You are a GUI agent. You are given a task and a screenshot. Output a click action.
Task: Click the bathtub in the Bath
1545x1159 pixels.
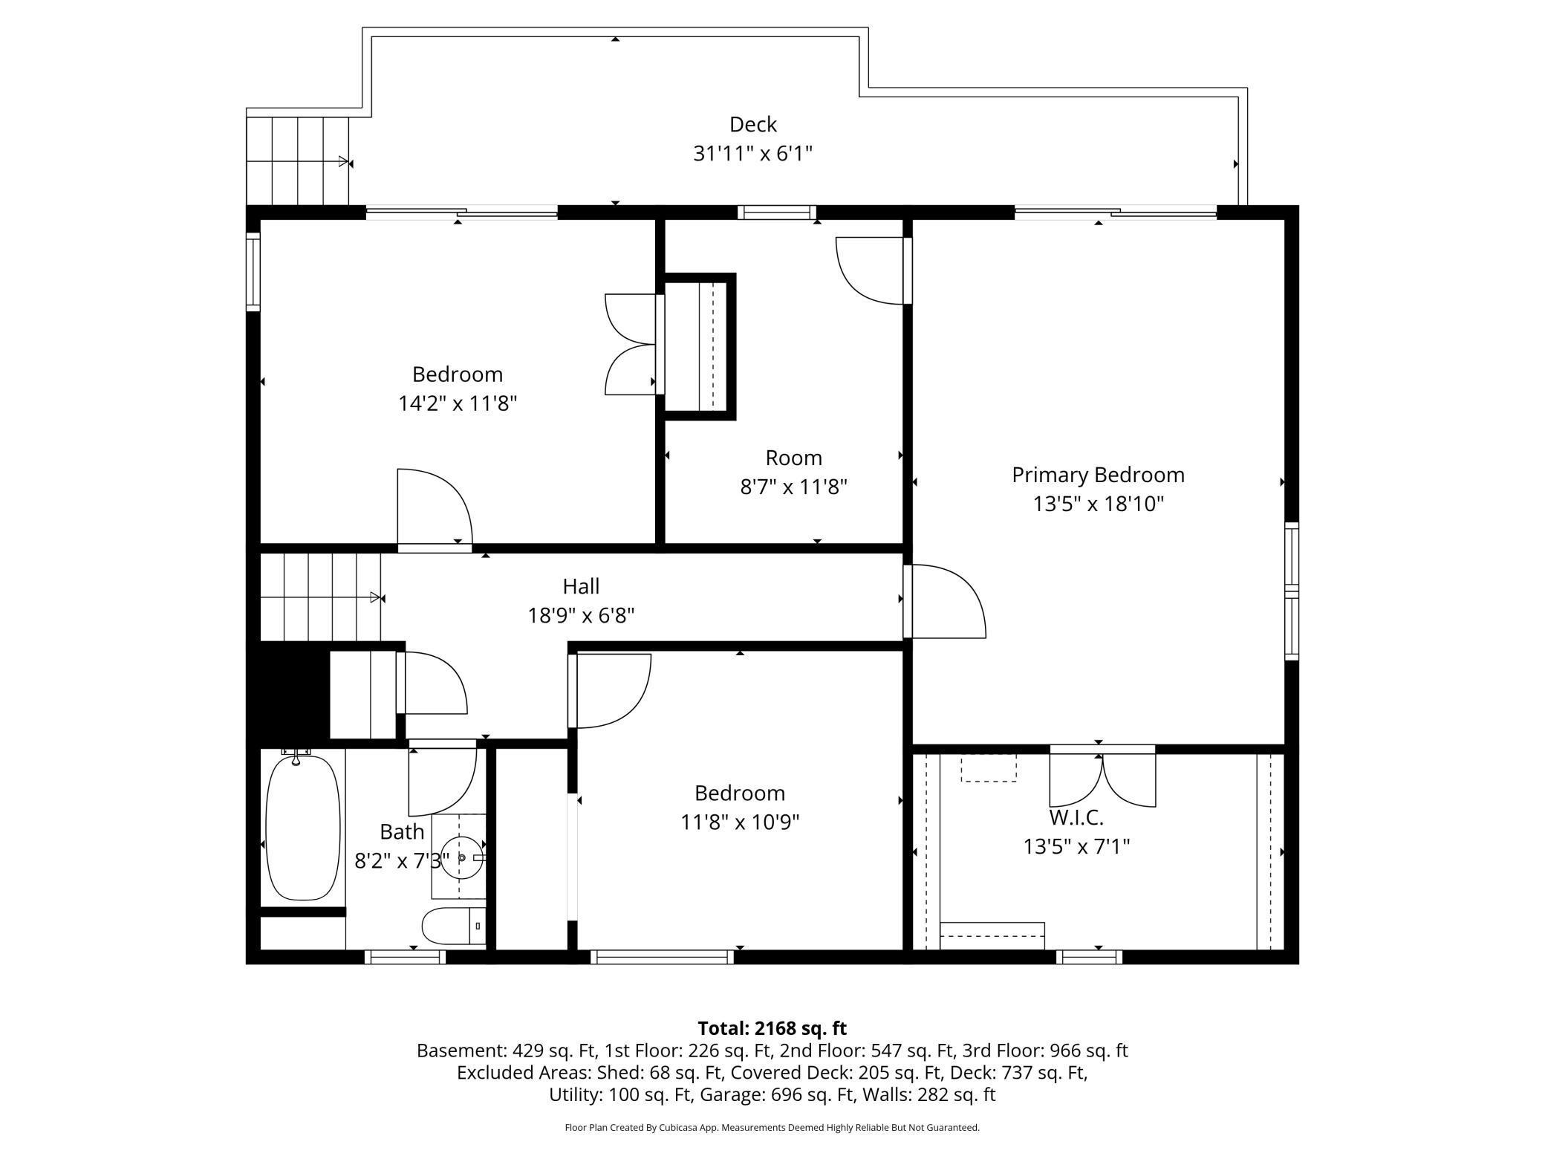(302, 828)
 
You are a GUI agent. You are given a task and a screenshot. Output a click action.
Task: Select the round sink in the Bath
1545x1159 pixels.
(461, 857)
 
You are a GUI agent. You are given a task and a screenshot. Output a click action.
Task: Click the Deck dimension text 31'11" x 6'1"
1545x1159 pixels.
(752, 154)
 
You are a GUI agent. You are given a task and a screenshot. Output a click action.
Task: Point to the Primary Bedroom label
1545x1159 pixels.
(1097, 475)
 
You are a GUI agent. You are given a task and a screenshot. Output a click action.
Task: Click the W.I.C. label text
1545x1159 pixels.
(1076, 818)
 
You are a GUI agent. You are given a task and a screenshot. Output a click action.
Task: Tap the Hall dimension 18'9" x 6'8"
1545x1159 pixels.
(581, 616)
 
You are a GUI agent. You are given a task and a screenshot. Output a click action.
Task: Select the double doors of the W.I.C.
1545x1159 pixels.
(1102, 780)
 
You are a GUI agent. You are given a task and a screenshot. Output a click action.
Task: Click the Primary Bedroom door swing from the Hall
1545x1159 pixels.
(947, 602)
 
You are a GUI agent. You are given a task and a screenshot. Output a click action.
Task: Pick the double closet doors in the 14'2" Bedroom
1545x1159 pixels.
(630, 344)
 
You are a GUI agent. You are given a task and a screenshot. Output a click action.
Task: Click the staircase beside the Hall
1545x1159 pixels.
(319, 597)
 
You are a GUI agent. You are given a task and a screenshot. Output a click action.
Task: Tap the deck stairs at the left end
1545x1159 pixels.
(298, 160)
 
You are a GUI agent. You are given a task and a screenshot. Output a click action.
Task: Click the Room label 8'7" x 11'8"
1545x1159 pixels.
(793, 473)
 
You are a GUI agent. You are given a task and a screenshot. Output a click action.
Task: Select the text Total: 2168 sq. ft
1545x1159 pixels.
(772, 1028)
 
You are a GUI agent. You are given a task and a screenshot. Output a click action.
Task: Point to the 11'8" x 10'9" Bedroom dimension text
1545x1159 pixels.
(740, 822)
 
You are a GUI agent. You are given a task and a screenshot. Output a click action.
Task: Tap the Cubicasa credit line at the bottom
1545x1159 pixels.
(772, 1128)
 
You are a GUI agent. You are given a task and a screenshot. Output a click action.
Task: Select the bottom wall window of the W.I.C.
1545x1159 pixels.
(1089, 958)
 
